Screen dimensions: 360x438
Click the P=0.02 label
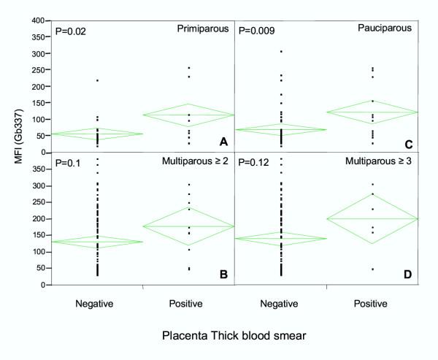click(72, 32)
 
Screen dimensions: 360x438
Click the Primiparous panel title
click(202, 29)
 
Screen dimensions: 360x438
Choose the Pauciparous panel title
click(390, 29)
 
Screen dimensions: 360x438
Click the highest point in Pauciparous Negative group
click(281, 51)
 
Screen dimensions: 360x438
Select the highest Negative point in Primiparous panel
click(96, 80)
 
